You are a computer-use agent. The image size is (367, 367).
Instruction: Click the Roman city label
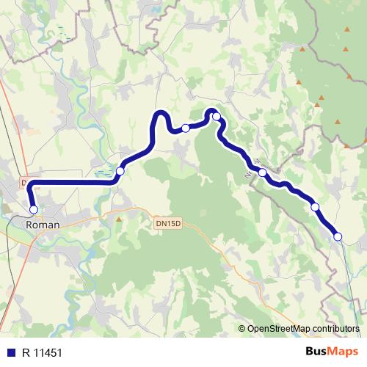pyautogui.click(x=42, y=226)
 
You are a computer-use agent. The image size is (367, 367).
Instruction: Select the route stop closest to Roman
pyautogui.click(x=33, y=210)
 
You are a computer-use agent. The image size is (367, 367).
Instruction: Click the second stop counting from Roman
pyautogui.click(x=120, y=170)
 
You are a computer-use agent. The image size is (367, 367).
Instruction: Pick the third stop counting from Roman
pyautogui.click(x=186, y=128)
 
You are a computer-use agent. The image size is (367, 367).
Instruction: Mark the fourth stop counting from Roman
pyautogui.click(x=217, y=116)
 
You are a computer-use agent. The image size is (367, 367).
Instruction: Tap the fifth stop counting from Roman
pyautogui.click(x=262, y=172)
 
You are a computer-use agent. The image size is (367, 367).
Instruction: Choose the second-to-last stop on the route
pyautogui.click(x=315, y=207)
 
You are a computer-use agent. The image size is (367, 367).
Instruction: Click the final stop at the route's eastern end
pyautogui.click(x=338, y=236)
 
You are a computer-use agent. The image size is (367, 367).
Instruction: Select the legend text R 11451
pyautogui.click(x=41, y=352)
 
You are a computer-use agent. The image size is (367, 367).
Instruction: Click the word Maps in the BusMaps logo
pyautogui.click(x=343, y=352)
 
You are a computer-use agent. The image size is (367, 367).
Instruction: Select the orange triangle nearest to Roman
pyautogui.click(x=119, y=218)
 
